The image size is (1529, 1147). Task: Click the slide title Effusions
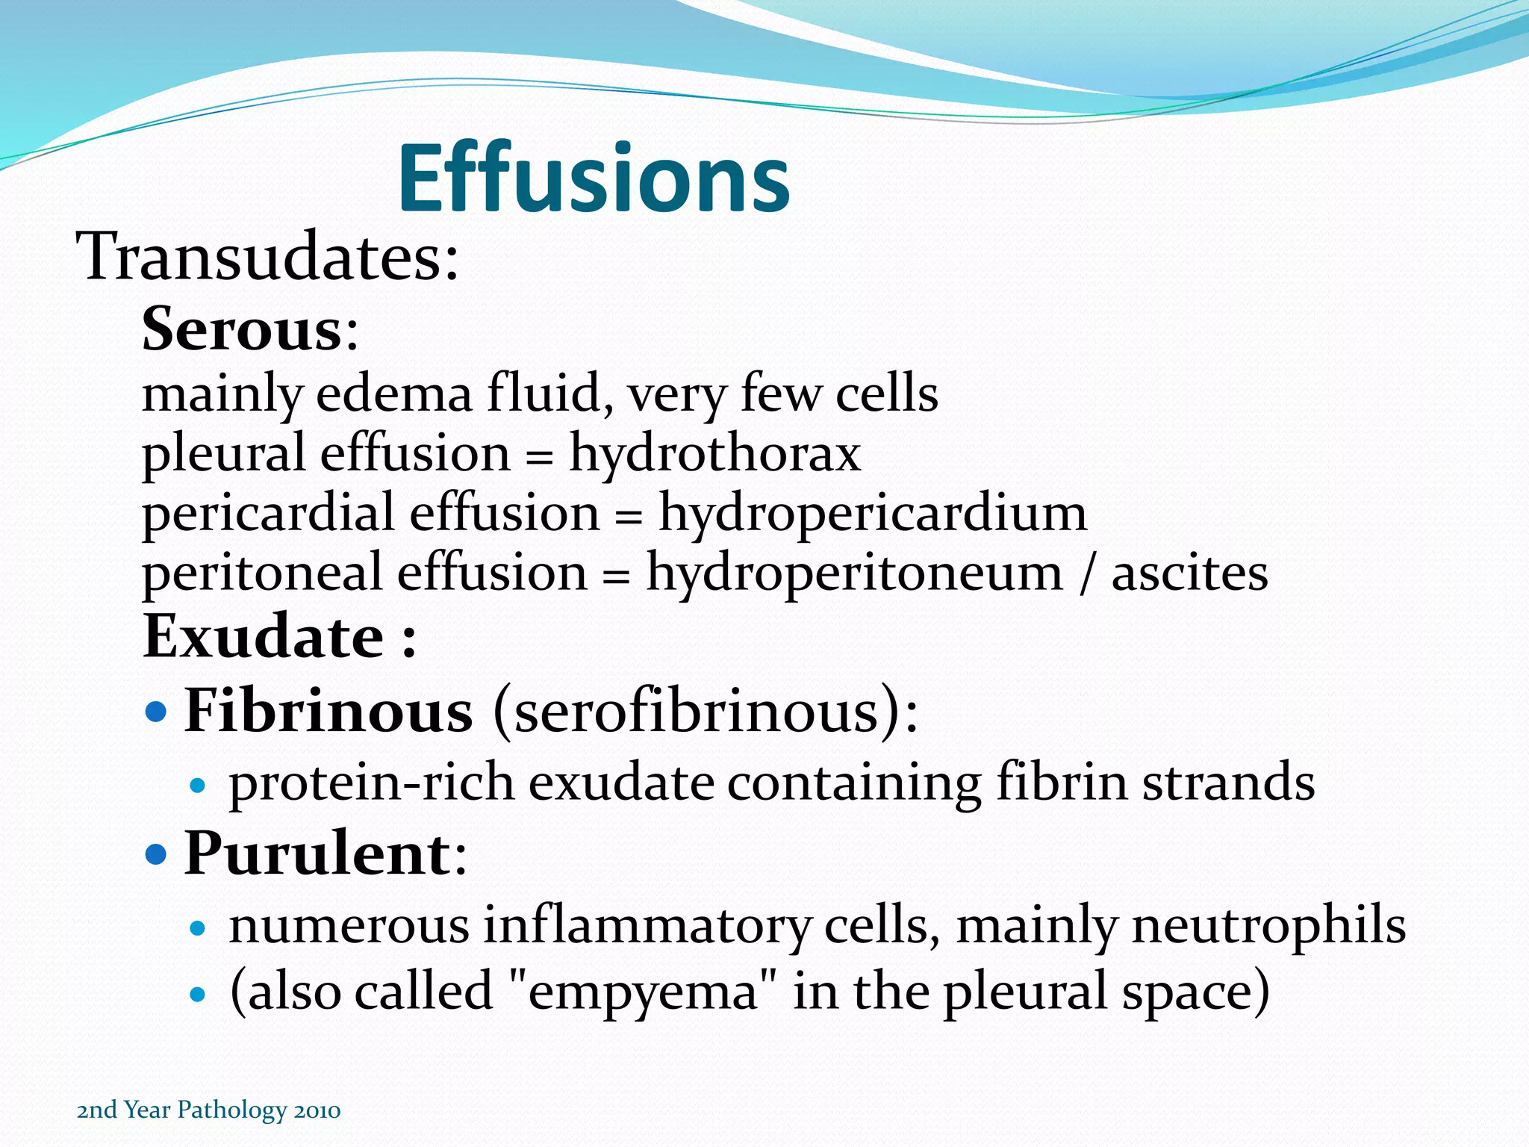pos(594,179)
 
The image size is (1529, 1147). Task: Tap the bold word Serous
pos(241,329)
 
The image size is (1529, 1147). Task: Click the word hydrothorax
pos(715,454)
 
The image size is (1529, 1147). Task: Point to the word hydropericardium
pos(872,514)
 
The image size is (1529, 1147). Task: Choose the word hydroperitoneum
pos(853,573)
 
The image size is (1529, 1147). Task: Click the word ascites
pos(1189,573)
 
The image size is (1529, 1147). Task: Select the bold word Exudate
pos(264,637)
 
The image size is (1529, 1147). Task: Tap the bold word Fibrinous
pos(328,710)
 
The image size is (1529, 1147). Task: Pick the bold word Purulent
pos(317,854)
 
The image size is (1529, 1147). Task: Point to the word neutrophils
pos(1268,925)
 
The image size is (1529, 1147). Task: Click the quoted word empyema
pos(643,992)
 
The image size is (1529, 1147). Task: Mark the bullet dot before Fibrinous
pos(156,712)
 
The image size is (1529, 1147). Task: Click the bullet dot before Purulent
pos(156,854)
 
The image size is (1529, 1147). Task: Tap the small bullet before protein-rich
pos(197,786)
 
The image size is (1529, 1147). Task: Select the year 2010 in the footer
pos(317,1110)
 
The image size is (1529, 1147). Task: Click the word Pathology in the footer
pos(231,1110)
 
